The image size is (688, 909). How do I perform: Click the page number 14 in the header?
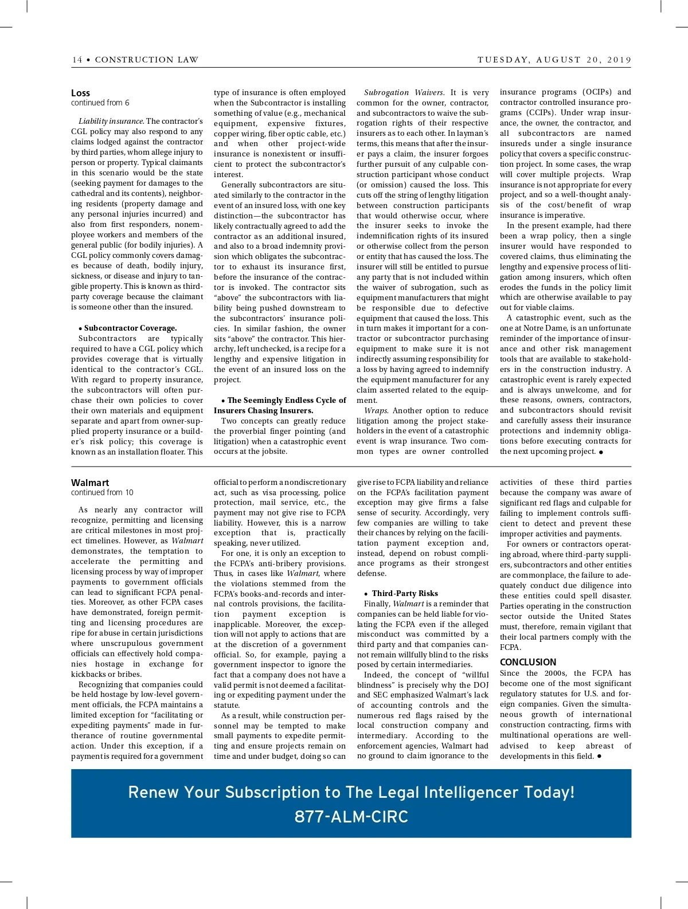pyautogui.click(x=77, y=60)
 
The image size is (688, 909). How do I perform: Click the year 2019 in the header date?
pyautogui.click(x=619, y=60)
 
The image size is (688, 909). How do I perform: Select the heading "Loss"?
pyautogui.click(x=80, y=93)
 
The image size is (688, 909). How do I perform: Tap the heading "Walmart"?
pyautogui.click(x=90, y=483)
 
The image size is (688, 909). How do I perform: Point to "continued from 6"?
pyautogui.click(x=100, y=103)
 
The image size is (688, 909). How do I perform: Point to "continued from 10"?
pyautogui.click(x=102, y=492)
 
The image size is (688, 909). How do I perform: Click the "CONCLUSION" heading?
pyautogui.click(x=528, y=662)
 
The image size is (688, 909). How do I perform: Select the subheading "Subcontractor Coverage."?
pyautogui.click(x=130, y=328)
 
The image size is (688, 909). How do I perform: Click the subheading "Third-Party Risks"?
pyautogui.click(x=405, y=593)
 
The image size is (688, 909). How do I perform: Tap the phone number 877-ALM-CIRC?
pyautogui.click(x=351, y=816)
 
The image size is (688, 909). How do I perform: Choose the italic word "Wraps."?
pyautogui.click(x=376, y=410)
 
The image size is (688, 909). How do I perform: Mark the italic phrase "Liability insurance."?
pyautogui.click(x=111, y=122)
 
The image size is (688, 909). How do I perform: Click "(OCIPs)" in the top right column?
pyautogui.click(x=596, y=92)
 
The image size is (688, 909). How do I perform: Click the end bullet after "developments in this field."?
pyautogui.click(x=599, y=757)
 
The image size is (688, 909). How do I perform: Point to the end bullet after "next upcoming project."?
pyautogui.click(x=601, y=452)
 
